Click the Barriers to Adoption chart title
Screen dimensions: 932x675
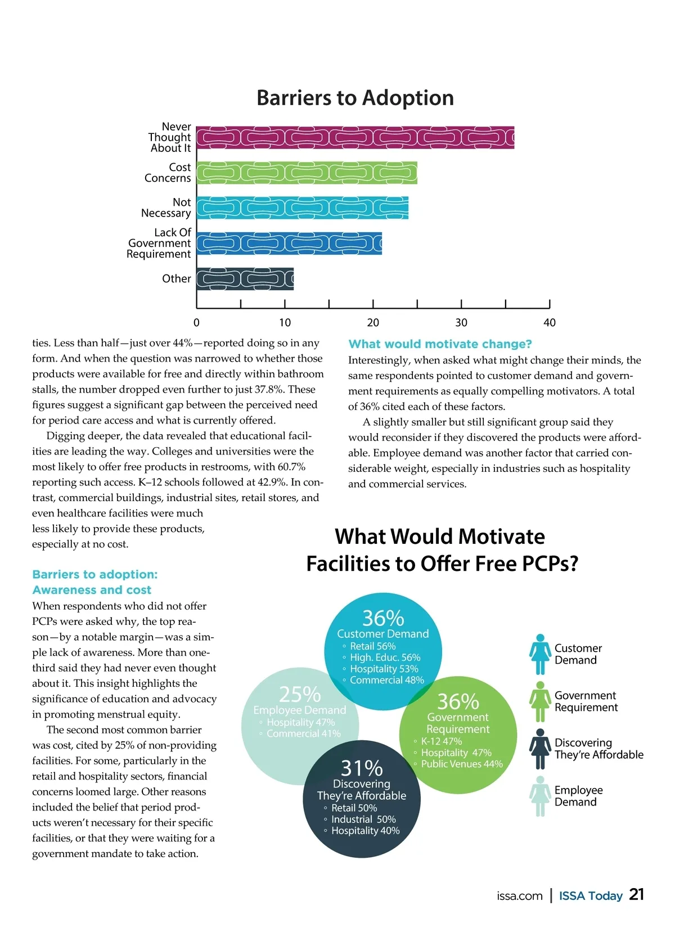coord(355,98)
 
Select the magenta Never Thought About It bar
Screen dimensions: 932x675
coord(355,138)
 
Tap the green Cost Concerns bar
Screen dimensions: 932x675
coord(307,173)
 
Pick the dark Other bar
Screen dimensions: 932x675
coord(245,279)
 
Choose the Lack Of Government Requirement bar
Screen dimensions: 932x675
coord(289,244)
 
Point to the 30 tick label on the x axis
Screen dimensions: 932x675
coord(461,323)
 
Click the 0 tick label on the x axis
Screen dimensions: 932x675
coord(196,323)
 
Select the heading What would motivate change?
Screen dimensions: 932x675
coord(440,344)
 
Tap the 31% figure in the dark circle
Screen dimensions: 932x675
coord(362,768)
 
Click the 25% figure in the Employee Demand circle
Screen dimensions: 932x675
coord(300,695)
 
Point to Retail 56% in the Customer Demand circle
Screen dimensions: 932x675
coord(372,646)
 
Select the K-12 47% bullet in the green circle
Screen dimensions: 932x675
coord(441,741)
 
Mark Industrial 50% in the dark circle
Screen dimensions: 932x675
coord(363,820)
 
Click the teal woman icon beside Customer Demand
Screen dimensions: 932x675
coord(540,654)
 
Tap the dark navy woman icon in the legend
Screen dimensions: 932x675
coord(540,749)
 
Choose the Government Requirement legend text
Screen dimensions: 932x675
coord(586,701)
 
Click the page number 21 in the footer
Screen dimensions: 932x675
coord(637,895)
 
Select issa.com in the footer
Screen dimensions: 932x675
coord(520,896)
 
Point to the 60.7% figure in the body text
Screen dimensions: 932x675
coord(291,467)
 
